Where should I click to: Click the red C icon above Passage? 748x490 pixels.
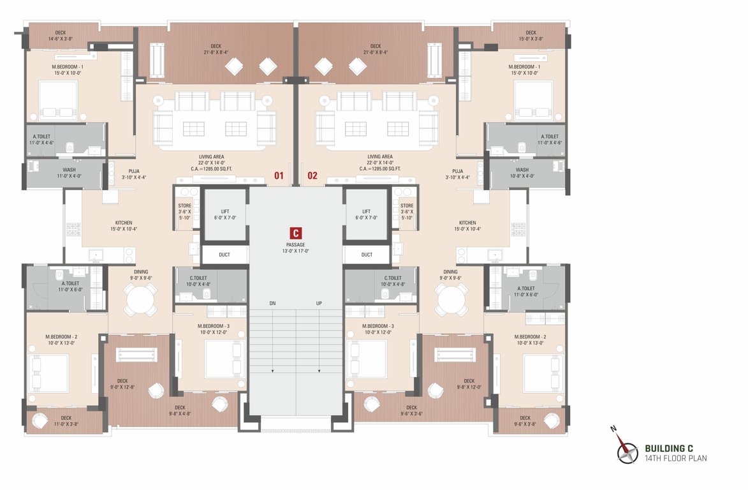click(295, 233)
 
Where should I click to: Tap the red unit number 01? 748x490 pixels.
click(279, 175)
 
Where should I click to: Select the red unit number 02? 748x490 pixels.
click(312, 175)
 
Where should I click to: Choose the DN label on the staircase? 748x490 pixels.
click(272, 303)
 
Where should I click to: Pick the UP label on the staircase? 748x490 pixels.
click(319, 303)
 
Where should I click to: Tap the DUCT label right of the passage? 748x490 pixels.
click(367, 255)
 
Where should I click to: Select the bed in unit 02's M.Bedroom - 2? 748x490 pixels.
click(543, 373)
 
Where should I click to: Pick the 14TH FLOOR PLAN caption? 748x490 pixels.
click(675, 458)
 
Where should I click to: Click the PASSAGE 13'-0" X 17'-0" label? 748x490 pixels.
click(296, 248)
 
